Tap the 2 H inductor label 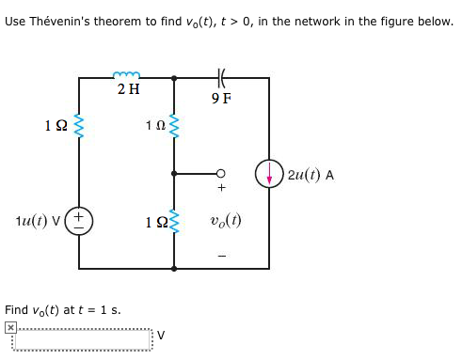(x=129, y=90)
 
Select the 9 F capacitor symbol (x=221, y=76)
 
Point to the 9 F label (x=221, y=97)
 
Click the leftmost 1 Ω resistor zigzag (x=79, y=126)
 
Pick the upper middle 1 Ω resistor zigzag (x=173, y=126)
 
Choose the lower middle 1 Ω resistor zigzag (x=173, y=223)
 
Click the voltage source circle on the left (x=80, y=223)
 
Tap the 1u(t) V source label (x=40, y=223)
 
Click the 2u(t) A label (x=311, y=174)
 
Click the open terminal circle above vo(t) (x=221, y=174)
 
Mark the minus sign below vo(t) (x=222, y=254)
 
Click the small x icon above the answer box (x=10, y=326)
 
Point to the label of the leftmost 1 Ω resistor (x=55, y=125)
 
